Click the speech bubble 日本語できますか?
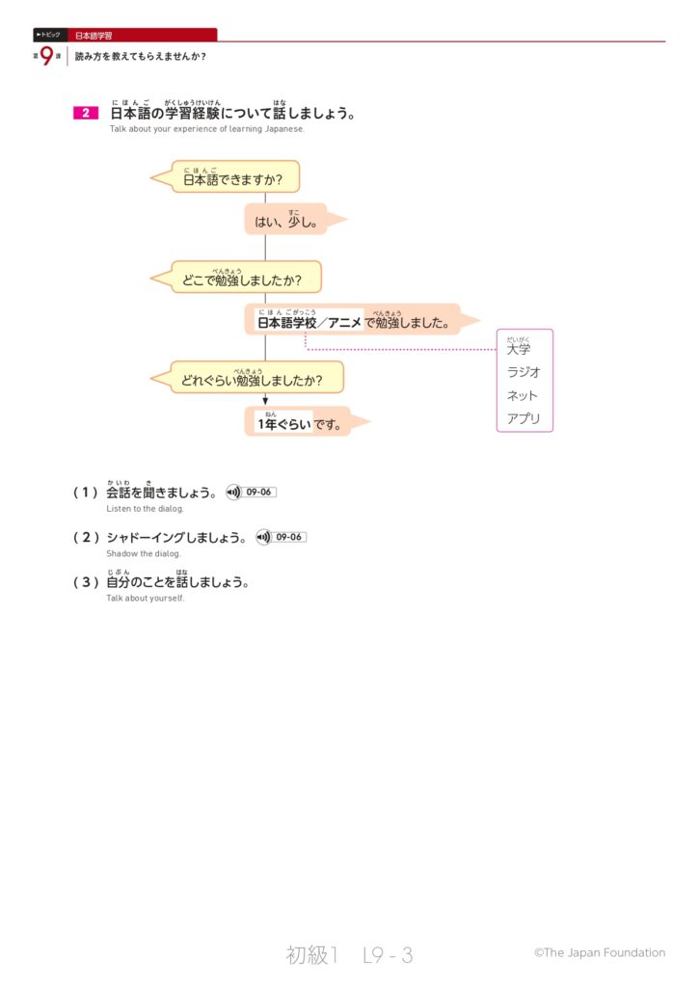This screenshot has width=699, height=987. point(234,177)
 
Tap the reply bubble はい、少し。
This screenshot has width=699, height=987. point(286,221)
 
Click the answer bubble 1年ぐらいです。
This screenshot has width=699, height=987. point(299,422)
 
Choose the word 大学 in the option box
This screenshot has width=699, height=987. point(519,349)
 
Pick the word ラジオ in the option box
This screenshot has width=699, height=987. point(524,372)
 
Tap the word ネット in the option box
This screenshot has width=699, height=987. point(523,395)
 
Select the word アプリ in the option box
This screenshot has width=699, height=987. point(524,419)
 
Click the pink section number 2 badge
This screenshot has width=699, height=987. point(85,114)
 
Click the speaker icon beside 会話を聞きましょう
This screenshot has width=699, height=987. point(232,493)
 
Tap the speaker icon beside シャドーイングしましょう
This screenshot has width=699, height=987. point(264,537)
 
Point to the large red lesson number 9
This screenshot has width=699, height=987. point(46,56)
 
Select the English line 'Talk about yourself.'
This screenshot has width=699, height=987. point(145,599)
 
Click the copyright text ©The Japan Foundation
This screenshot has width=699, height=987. point(599,952)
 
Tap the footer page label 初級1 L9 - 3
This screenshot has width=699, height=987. point(349,955)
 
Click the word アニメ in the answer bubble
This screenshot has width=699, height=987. point(344,323)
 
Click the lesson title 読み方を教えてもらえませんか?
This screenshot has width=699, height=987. point(140,56)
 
